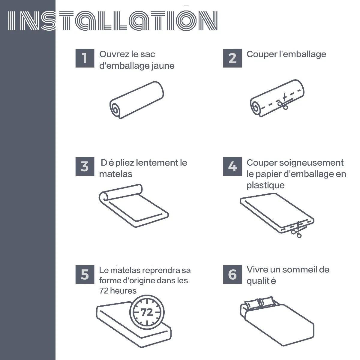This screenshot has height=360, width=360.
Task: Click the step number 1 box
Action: pyautogui.click(x=85, y=58)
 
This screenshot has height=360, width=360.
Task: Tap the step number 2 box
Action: pyautogui.click(x=232, y=58)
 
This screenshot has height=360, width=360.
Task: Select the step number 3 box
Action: pyautogui.click(x=85, y=166)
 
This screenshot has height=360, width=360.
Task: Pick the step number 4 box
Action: pyautogui.click(x=232, y=166)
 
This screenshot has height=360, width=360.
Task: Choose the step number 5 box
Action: pyautogui.click(x=85, y=274)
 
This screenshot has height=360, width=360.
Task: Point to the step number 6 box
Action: pyautogui.click(x=232, y=274)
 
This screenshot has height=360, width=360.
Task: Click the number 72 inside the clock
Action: pyautogui.click(x=147, y=312)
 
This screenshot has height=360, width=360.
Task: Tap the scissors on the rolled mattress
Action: pyautogui.click(x=283, y=102)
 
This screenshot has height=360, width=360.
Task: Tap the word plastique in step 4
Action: pyautogui.click(x=265, y=185)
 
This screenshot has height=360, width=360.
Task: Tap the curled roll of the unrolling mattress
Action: pyautogui.click(x=104, y=196)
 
